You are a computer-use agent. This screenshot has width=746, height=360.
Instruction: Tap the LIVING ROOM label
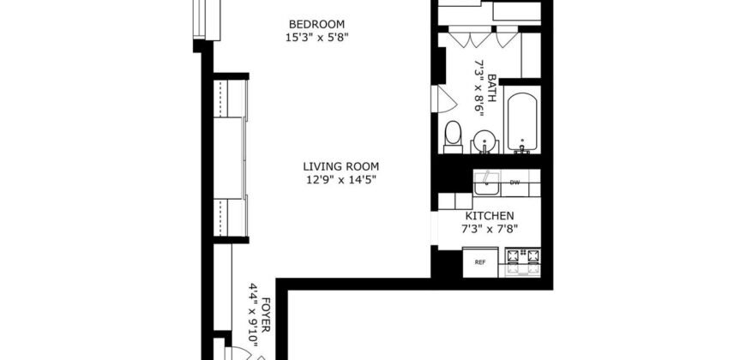coord(340,166)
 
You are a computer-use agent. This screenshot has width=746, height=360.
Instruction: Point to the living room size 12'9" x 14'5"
coord(340,180)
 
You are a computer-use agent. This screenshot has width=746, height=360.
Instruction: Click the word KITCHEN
coord(490,216)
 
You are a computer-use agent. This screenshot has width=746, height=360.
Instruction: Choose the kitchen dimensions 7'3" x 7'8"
coord(490,230)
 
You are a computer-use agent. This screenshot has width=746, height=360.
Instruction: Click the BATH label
coord(492,87)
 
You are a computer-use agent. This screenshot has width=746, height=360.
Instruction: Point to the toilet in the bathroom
coord(454,135)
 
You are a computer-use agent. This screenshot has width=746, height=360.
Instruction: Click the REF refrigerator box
coord(480,262)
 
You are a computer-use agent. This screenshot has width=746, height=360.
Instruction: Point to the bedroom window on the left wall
coord(202,19)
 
